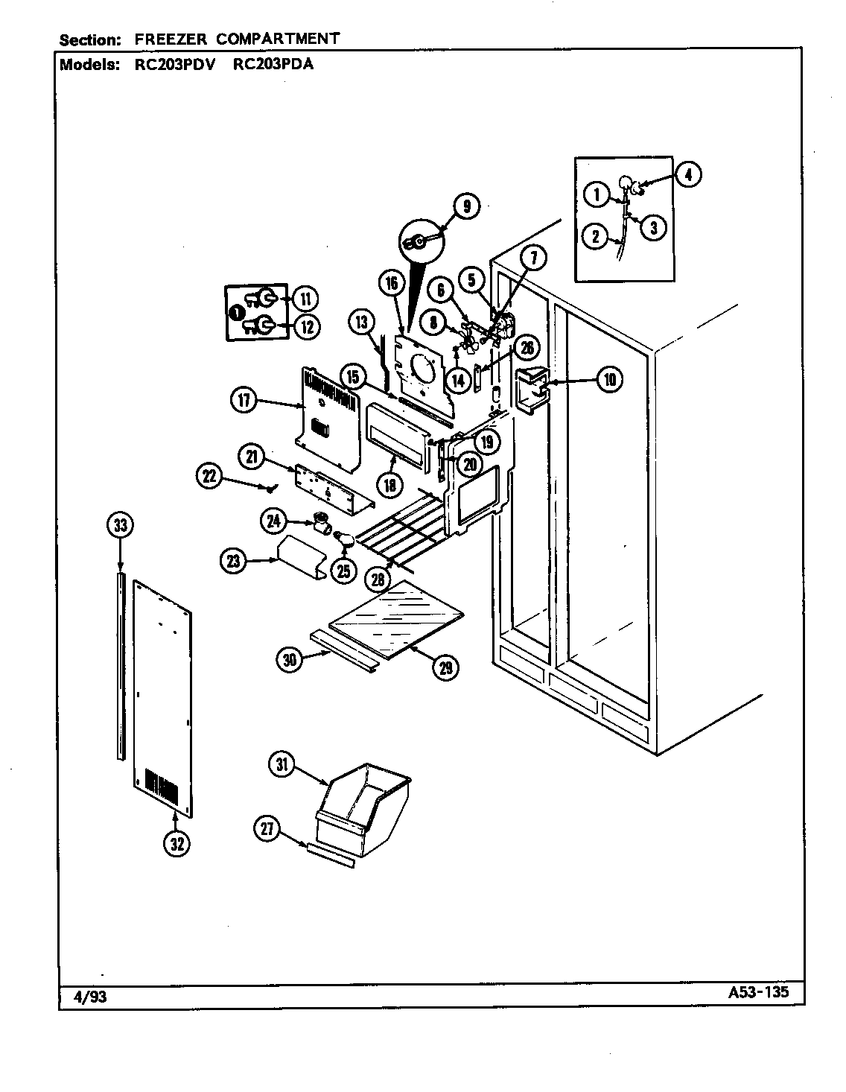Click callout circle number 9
point(466,206)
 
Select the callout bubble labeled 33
point(119,526)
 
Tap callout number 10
point(609,379)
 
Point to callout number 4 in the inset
point(688,175)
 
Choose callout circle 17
point(244,401)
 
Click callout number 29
point(445,668)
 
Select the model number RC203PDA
point(273,64)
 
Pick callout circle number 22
point(210,475)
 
